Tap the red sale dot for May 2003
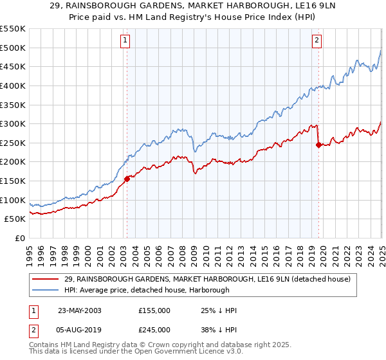(127, 179)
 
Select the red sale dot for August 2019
(318, 145)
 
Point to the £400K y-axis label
(13, 85)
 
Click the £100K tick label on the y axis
(13, 200)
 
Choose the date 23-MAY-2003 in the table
(84, 310)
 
